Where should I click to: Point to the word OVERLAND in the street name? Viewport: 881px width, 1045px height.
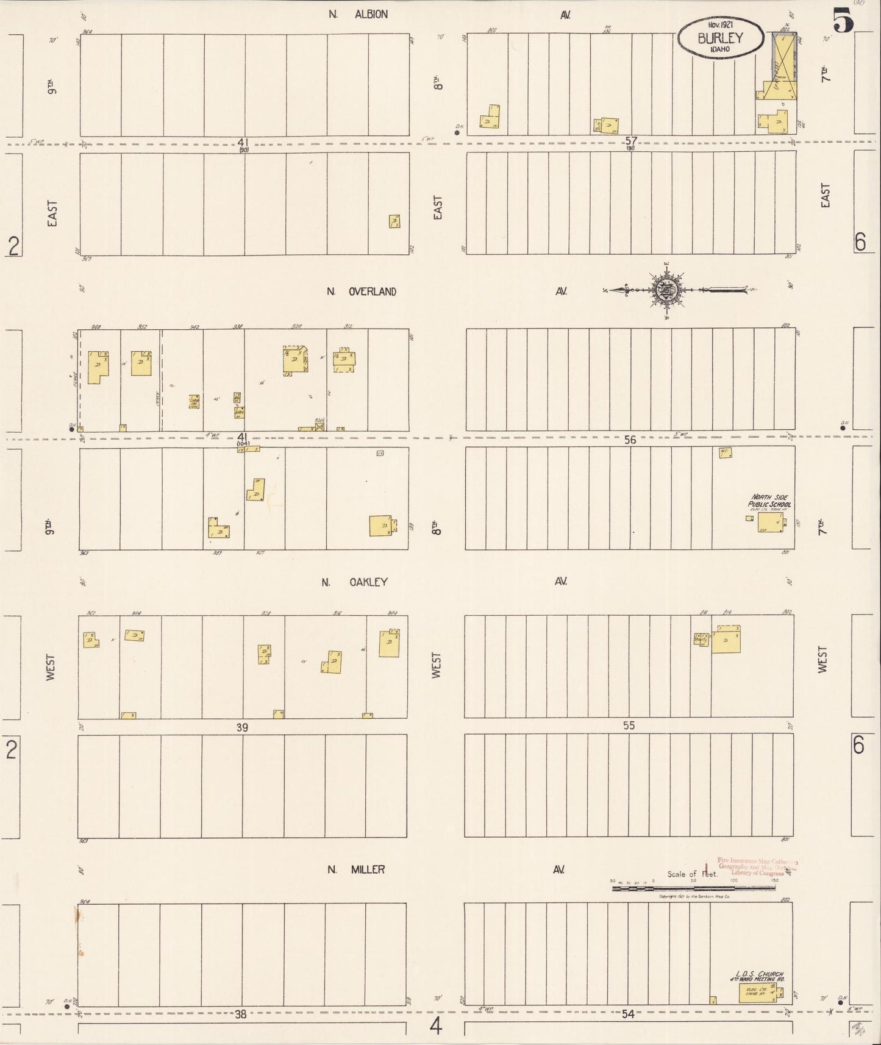[372, 291]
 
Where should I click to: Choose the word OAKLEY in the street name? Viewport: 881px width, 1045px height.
[368, 582]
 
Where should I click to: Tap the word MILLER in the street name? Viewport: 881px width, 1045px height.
[367, 869]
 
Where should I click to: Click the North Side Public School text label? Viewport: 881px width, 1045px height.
[771, 501]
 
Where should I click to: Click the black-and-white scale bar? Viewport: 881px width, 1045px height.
[693, 888]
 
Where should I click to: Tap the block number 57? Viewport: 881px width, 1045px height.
[631, 141]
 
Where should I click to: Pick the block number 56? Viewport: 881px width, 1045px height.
[630, 440]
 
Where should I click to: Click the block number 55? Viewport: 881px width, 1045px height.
[629, 726]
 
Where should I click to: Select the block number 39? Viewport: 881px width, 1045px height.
[243, 727]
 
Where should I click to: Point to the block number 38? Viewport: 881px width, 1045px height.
[241, 1015]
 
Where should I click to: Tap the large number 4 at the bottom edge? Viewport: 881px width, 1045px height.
[435, 1027]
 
